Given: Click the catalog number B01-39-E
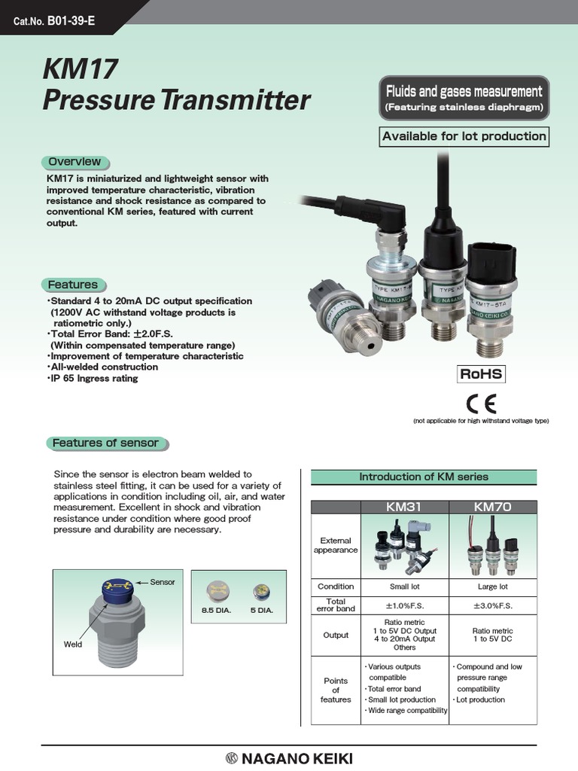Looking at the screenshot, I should pyautogui.click(x=71, y=20).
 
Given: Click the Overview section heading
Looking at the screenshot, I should pyautogui.click(x=74, y=162).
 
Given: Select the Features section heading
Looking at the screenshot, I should pyautogui.click(x=72, y=285).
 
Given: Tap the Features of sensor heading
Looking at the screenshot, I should pyautogui.click(x=105, y=443).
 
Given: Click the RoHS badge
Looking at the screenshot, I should pyautogui.click(x=481, y=374).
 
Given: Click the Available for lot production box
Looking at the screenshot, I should pyautogui.click(x=464, y=136).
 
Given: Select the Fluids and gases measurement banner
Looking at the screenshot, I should pyautogui.click(x=464, y=98).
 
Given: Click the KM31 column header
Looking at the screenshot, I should pyautogui.click(x=403, y=507).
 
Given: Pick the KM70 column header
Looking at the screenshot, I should pyautogui.click(x=492, y=507).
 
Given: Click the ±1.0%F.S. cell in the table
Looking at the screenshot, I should pyautogui.click(x=404, y=606).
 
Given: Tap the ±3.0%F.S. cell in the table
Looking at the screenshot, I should pyautogui.click(x=493, y=606).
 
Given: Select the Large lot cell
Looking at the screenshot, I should pyautogui.click(x=493, y=587).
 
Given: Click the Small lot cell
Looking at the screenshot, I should pyautogui.click(x=404, y=587).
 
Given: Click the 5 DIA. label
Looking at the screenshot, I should pyautogui.click(x=260, y=610).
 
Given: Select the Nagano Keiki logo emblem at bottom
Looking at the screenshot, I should pyautogui.click(x=230, y=758).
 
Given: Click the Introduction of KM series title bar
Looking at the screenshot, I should pyautogui.click(x=423, y=477).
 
